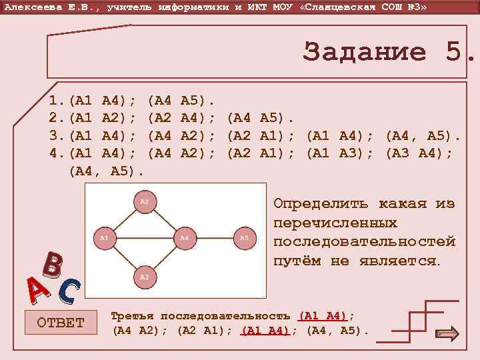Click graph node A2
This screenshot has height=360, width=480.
(144, 201)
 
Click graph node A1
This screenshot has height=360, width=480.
(104, 237)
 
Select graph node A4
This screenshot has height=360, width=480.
(185, 237)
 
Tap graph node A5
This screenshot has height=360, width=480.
(244, 237)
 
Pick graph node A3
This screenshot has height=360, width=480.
(144, 275)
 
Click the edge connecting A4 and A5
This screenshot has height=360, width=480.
(214, 237)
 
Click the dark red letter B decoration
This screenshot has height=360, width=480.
(53, 265)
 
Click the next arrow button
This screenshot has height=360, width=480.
(446, 334)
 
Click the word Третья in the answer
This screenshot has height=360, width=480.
(133, 315)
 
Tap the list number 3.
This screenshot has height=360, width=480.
(55, 136)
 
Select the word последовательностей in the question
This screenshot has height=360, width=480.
(364, 241)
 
